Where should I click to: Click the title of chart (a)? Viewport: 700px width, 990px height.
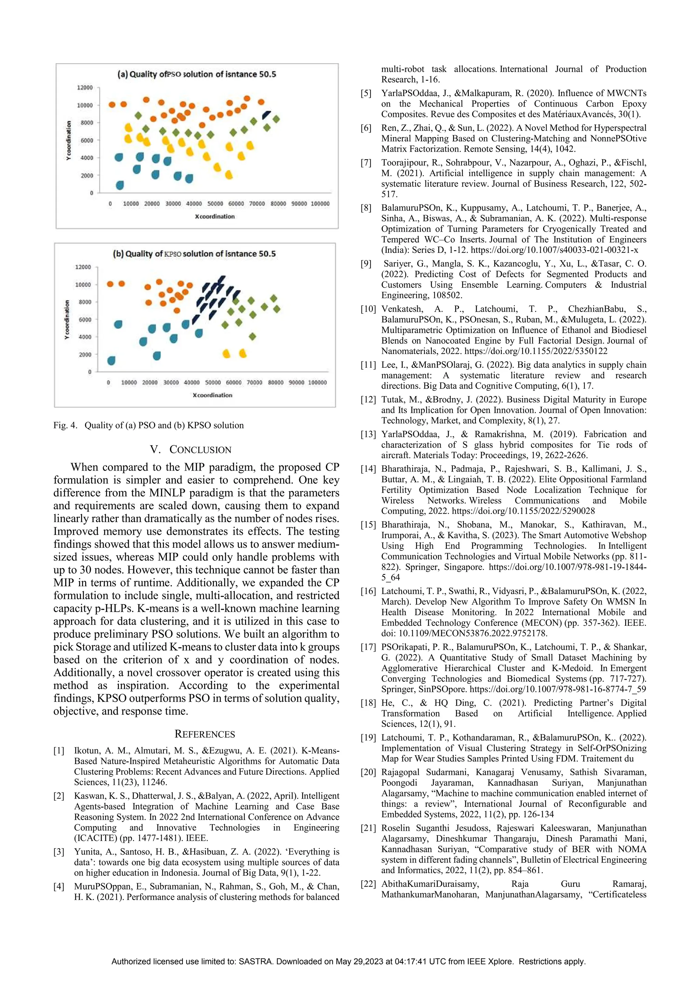point(197,74)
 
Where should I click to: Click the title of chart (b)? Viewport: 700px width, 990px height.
point(194,254)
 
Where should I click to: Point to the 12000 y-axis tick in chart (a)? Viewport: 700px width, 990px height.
point(85,87)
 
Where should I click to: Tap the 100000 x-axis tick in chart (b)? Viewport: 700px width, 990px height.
point(318,382)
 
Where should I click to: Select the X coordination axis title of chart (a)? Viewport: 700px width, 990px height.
point(215,216)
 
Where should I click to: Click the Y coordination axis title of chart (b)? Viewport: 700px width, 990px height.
point(67,320)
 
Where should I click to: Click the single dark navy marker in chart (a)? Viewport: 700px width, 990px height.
point(267,115)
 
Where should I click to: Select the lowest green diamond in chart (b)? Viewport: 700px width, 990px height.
point(253,336)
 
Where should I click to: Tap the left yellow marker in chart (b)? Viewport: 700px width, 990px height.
point(226,354)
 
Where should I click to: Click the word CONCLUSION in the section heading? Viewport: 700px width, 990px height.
point(200,450)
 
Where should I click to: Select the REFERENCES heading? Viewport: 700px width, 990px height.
point(205,734)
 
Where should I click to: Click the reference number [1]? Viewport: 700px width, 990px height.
point(59,751)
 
